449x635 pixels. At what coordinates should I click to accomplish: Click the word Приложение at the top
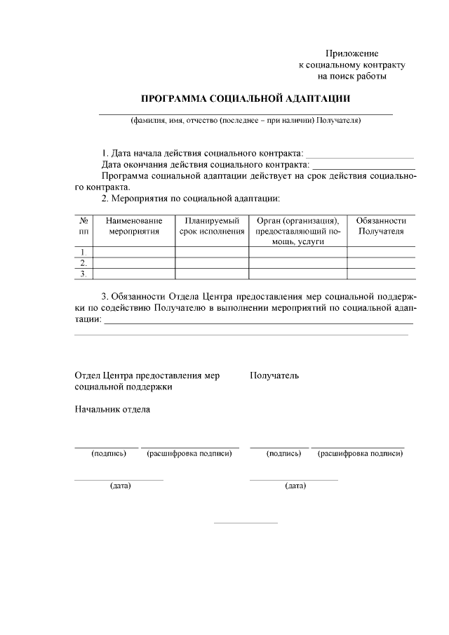351,54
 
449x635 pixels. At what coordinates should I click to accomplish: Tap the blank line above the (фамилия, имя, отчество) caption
246,113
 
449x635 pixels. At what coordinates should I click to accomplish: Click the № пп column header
84,225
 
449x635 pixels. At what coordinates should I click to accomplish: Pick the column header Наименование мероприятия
134,225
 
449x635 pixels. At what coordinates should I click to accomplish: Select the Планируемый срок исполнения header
212,225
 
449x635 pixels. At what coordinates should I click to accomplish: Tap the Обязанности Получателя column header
381,225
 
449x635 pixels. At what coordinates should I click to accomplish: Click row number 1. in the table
84,252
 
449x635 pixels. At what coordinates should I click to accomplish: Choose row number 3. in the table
84,274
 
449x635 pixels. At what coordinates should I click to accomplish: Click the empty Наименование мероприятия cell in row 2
134,263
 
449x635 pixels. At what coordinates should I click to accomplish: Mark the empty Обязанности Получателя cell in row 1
381,252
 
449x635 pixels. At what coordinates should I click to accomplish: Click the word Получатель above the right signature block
274,375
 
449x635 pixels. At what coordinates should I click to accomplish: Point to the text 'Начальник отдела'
112,409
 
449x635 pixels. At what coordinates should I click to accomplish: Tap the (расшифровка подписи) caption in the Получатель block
360,453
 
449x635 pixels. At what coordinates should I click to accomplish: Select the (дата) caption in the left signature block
120,486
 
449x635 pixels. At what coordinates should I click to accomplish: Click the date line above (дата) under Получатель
294,480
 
